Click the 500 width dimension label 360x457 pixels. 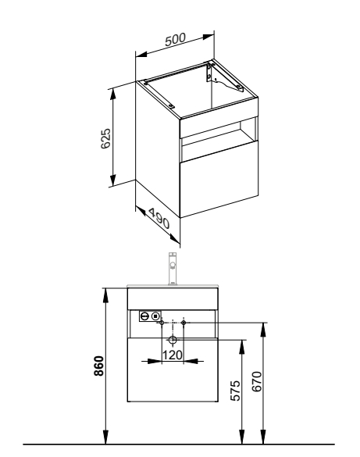[175, 40]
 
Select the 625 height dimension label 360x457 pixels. [105, 138]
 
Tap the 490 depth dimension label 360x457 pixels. [159, 219]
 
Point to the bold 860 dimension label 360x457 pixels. [99, 366]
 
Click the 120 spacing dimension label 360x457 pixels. [173, 355]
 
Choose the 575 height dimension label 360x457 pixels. [236, 391]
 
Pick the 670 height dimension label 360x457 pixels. [257, 381]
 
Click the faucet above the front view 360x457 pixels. [173, 269]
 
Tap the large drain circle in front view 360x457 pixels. [173, 340]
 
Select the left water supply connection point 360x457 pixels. [162, 323]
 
